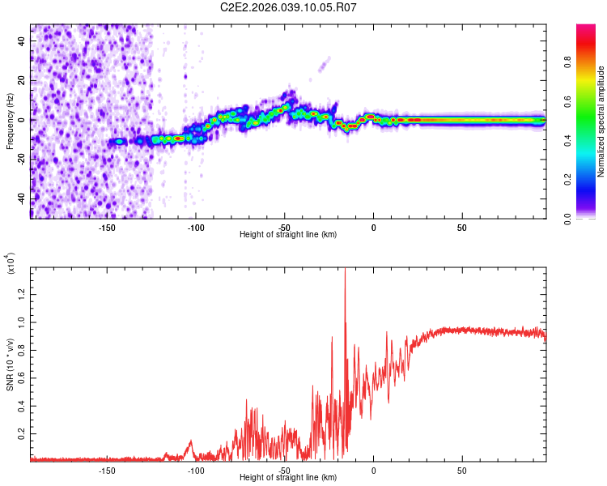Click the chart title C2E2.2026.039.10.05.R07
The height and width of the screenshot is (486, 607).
[289, 7]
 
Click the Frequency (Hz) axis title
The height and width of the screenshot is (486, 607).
[10, 121]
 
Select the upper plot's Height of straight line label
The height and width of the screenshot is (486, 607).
[288, 234]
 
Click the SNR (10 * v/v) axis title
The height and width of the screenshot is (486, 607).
[10, 363]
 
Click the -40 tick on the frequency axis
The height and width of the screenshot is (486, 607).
[21, 198]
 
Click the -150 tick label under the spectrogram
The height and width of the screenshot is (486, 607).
[107, 228]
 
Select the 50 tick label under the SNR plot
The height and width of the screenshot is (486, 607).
[462, 470]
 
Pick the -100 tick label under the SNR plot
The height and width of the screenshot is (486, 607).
[195, 470]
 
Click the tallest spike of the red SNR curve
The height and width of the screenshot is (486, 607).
[345, 270]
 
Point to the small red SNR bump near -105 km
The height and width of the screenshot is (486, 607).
[190, 442]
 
